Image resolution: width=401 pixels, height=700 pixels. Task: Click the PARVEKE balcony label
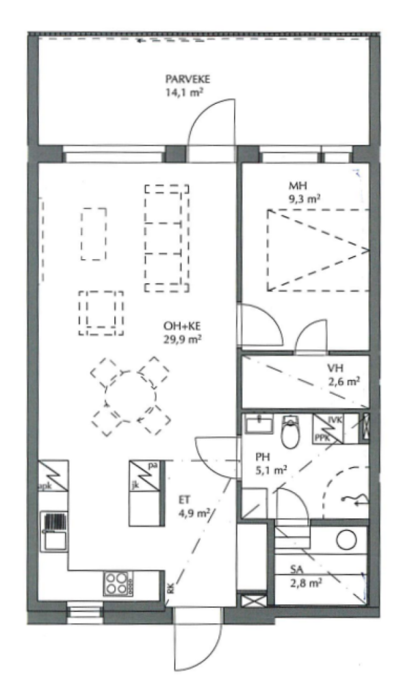tap(187, 79)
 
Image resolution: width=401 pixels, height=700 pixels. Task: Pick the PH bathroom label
tap(261, 457)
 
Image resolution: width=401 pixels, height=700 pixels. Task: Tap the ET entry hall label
tap(184, 500)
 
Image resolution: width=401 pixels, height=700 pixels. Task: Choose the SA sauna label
tap(296, 569)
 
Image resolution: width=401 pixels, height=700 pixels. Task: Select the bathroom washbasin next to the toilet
tap(259, 422)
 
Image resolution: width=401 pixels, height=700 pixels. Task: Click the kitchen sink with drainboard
tap(54, 531)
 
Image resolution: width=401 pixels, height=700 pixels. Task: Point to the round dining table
tap(131, 396)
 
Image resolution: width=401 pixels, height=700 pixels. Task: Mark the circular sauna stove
tap(347, 540)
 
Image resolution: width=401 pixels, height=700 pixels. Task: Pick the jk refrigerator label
tap(135, 484)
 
